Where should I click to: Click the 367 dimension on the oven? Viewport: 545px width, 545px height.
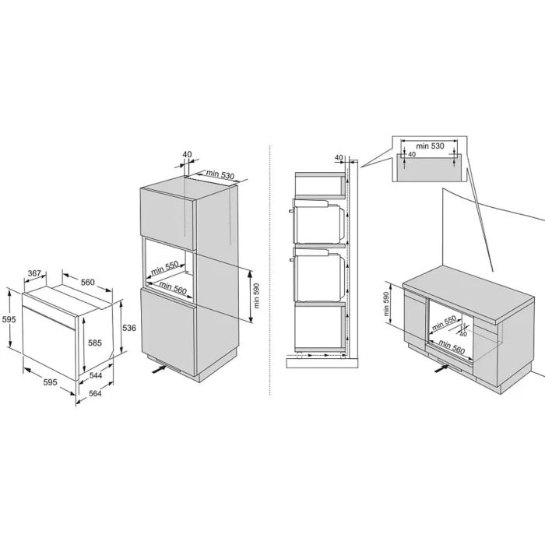click(34, 273)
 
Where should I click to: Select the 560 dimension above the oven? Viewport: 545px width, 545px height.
click(87, 282)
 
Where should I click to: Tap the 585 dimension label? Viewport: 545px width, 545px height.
click(95, 343)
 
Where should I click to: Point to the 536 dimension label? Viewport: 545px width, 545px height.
click(129, 328)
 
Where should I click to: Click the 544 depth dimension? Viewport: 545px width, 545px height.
click(96, 375)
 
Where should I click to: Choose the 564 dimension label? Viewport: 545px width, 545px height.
click(95, 393)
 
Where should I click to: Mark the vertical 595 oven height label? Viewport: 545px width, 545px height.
click(9, 319)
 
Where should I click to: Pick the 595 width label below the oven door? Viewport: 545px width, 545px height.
click(50, 382)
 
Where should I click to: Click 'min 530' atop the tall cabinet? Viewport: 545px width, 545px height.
click(220, 174)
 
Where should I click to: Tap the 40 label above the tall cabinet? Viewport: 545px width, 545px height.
click(188, 154)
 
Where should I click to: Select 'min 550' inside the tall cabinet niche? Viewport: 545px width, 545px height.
click(165, 268)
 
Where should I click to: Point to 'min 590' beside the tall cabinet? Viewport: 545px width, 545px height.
click(256, 295)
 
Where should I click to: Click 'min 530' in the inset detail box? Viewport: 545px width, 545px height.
click(431, 146)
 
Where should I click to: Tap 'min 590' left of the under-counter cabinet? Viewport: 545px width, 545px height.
click(387, 304)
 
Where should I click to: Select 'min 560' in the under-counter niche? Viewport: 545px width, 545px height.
click(452, 346)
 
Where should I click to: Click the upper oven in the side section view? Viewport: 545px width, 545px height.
click(319, 221)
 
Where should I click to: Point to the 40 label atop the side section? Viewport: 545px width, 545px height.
click(339, 158)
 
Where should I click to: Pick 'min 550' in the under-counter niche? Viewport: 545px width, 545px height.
click(444, 323)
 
